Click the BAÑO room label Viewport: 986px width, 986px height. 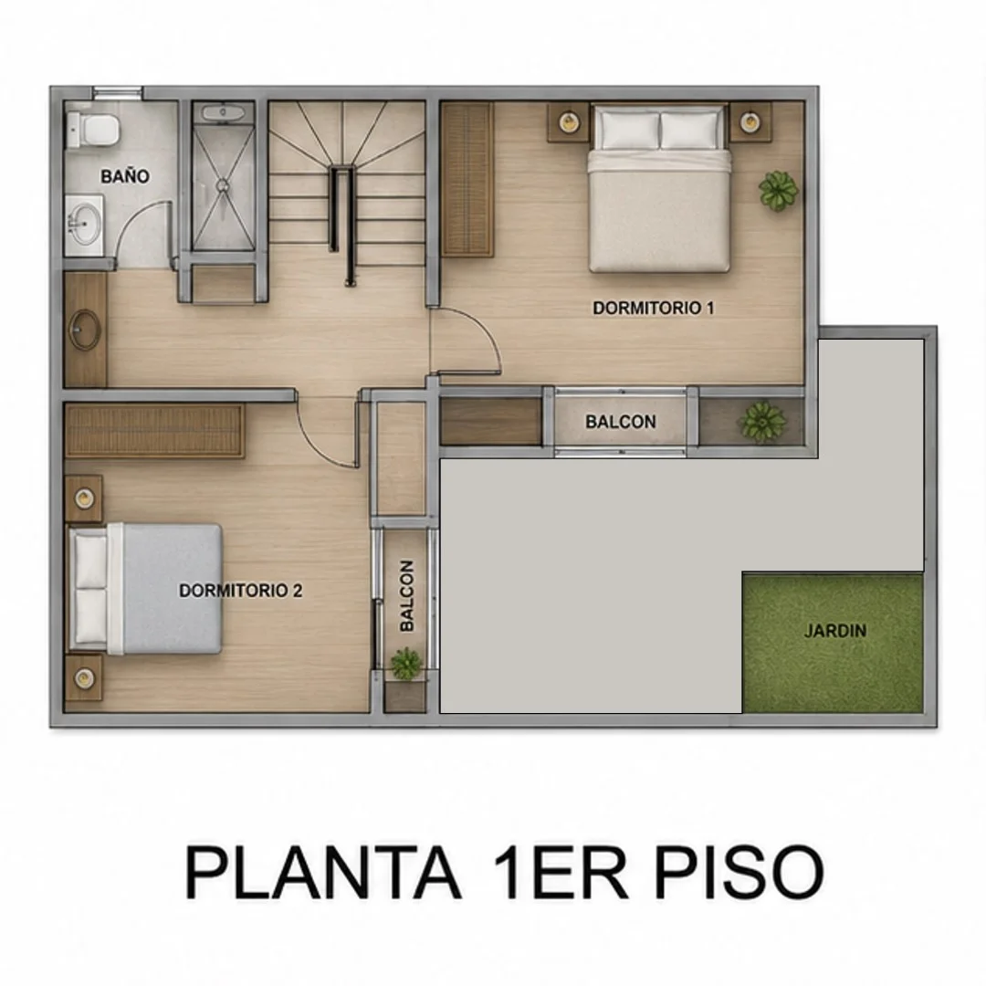coord(125,176)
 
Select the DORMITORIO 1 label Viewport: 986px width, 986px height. coord(654,309)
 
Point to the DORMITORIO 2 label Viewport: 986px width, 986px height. coord(240,591)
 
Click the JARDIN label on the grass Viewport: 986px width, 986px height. coord(835,630)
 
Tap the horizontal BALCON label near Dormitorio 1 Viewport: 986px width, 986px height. coord(621,421)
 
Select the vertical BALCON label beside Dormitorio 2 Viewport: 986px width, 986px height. coord(407,595)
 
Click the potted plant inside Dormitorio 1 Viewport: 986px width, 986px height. coord(778,191)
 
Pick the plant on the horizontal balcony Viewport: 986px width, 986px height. coord(762,421)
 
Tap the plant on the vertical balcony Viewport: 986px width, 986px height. coord(405,664)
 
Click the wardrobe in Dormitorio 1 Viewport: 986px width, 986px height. coord(467,180)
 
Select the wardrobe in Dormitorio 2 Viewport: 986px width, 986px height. coord(154,431)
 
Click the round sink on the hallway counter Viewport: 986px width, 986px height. coord(84,329)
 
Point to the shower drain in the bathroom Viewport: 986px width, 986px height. coord(223,185)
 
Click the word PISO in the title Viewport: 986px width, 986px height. coord(739,874)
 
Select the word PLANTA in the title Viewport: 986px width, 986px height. coord(323,874)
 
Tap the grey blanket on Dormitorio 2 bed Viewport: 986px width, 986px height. coord(173,589)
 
